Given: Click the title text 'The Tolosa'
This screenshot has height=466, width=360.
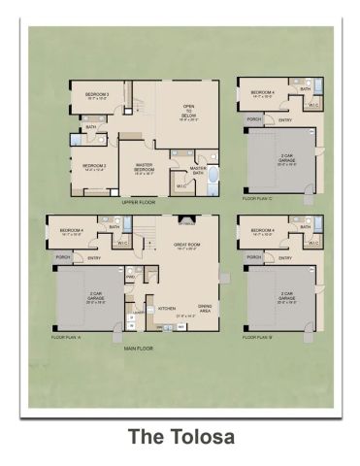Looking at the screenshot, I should [x=180, y=437].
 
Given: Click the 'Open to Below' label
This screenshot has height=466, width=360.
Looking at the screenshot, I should [x=188, y=115].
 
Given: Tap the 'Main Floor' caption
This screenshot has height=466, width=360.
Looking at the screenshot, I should [x=139, y=347].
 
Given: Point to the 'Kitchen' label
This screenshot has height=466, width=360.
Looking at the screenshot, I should [x=166, y=306].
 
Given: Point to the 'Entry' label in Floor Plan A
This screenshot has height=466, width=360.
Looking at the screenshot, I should [x=94, y=258].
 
